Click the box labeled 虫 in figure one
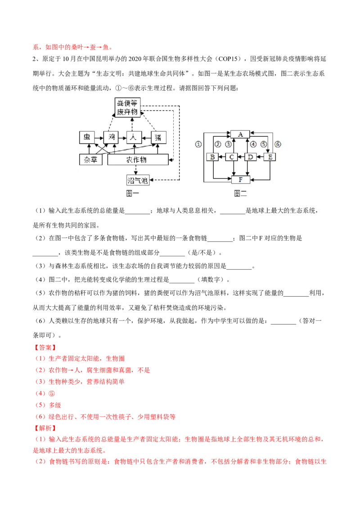click(87, 137)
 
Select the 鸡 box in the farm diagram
click(111, 137)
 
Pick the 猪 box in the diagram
click(158, 137)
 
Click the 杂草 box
click(90, 159)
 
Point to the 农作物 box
click(138, 159)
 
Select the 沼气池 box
click(137, 180)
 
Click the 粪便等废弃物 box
click(128, 107)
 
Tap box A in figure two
click(240, 134)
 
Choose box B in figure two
click(212, 157)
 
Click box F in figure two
click(240, 179)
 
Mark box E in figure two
click(270, 157)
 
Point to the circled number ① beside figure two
click(198, 144)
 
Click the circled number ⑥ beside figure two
click(278, 144)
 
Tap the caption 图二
click(240, 193)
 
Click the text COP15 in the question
click(229, 59)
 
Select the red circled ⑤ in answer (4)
click(52, 393)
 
